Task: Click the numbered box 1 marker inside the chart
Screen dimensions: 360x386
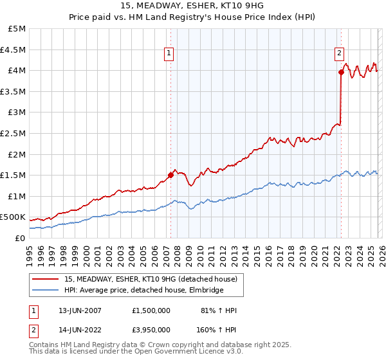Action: pos(169,54)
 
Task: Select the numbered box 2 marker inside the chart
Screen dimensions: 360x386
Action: pos(339,54)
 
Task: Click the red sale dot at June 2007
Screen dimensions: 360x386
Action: pos(170,174)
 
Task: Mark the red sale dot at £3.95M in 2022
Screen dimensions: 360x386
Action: pos(341,73)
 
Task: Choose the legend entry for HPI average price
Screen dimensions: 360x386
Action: pos(143,291)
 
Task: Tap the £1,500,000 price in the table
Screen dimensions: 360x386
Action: pos(150,310)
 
